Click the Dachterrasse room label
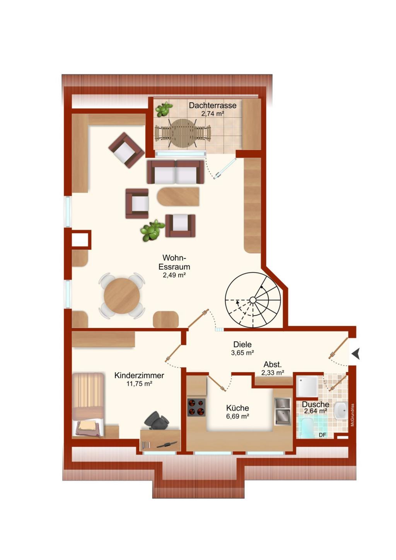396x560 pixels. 212,105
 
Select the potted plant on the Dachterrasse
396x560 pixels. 164,109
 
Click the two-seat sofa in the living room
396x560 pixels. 176,172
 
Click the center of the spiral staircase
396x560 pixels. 253,300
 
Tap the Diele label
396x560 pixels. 242,344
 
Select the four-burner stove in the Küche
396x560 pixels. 196,407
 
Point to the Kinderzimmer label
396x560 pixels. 139,375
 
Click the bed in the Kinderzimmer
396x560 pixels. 88,405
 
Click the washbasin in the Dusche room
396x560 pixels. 341,410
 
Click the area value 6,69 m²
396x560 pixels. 237,416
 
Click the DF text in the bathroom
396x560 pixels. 323,435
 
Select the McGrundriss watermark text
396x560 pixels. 352,415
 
